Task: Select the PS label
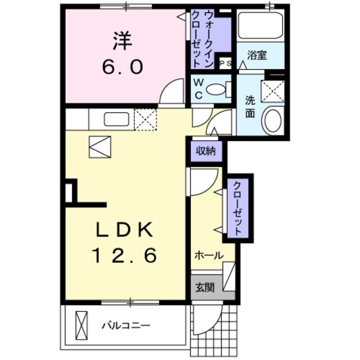[x=226, y=64]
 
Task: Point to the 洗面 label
[x=250, y=106]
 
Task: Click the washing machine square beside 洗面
[x=273, y=91]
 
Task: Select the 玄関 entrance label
[x=204, y=289]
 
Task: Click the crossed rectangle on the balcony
[x=82, y=325]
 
